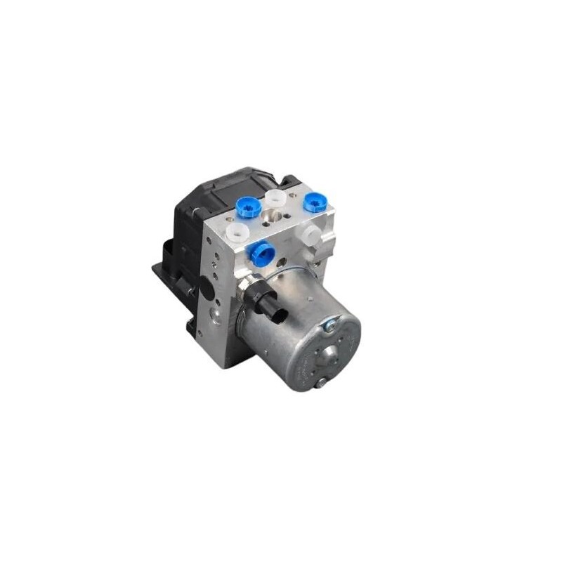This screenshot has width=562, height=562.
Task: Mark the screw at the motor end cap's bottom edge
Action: coord(321,383)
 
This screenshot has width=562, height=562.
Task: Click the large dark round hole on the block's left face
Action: coord(211,285)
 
